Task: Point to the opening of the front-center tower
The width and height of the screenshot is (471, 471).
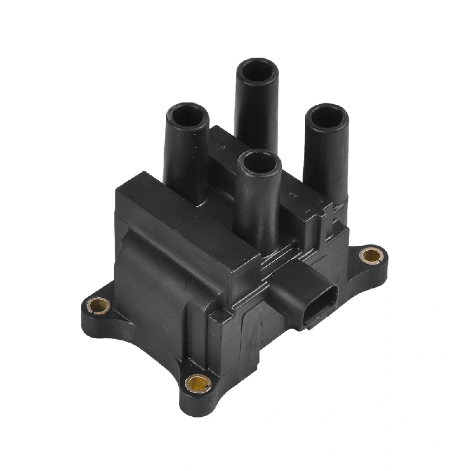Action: coord(259,161)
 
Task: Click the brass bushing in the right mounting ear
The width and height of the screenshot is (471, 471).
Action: coord(370,256)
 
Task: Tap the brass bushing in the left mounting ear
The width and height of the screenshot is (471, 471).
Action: coord(98,306)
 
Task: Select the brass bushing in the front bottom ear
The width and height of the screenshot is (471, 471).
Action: coord(198,384)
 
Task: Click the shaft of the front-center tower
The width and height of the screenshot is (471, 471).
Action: coord(257,206)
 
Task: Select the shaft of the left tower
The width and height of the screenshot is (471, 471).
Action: coord(185,159)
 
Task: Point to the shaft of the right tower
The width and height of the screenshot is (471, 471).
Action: coord(326,159)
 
